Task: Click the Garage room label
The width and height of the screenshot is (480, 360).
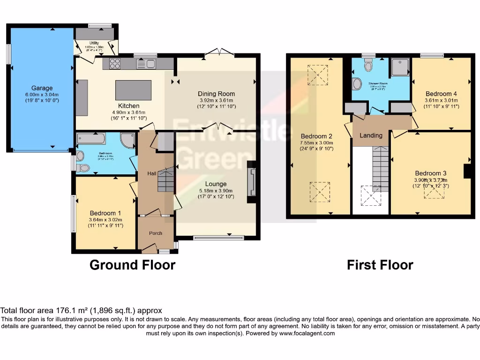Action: [x=42, y=88]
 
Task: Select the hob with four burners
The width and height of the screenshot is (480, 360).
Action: [x=115, y=63]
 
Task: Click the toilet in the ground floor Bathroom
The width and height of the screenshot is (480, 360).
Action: [x=83, y=167]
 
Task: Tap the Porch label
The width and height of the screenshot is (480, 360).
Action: [x=156, y=233]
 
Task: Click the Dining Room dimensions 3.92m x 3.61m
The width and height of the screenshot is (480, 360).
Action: [x=216, y=100]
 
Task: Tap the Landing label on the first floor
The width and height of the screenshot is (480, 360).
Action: [x=371, y=135]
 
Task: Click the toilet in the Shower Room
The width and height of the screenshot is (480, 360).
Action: [x=368, y=66]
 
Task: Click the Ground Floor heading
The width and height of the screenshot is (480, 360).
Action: [x=132, y=265]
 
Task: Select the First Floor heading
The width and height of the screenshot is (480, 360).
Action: [x=380, y=265]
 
